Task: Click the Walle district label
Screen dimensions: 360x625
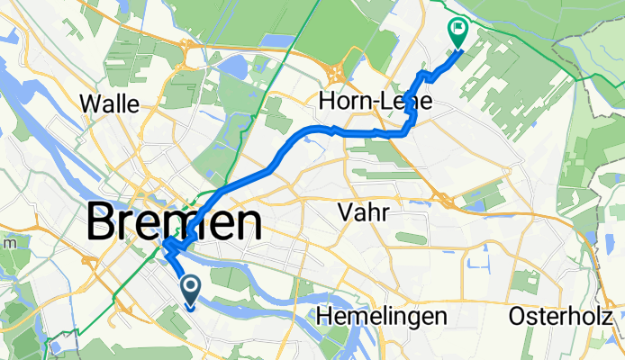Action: coord(110,103)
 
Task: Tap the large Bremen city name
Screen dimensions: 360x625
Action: coord(175,221)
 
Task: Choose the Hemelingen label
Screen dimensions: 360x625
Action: coord(382,317)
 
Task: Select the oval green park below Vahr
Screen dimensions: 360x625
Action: coord(410,238)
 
